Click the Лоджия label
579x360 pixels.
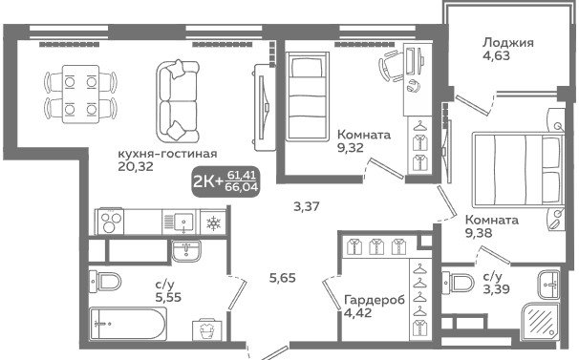coord(507,43)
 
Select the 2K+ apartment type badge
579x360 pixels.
coord(225,180)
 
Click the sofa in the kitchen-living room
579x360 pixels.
coord(178,102)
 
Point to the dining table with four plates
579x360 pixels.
coord(80,94)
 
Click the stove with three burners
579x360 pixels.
coord(109,222)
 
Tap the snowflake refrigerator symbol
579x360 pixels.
coord(213,222)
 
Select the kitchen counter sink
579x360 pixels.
coord(183,222)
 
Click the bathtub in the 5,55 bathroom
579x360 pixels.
coord(128,323)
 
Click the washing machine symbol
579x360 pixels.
coord(208,329)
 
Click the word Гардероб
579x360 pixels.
coord(375,300)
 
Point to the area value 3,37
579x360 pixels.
coord(307,206)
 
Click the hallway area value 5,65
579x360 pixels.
coord(283,278)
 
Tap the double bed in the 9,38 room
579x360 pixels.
coord(518,169)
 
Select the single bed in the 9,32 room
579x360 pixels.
coord(307,96)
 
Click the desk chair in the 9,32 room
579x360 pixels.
coord(391,66)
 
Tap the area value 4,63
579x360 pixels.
coord(496,55)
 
